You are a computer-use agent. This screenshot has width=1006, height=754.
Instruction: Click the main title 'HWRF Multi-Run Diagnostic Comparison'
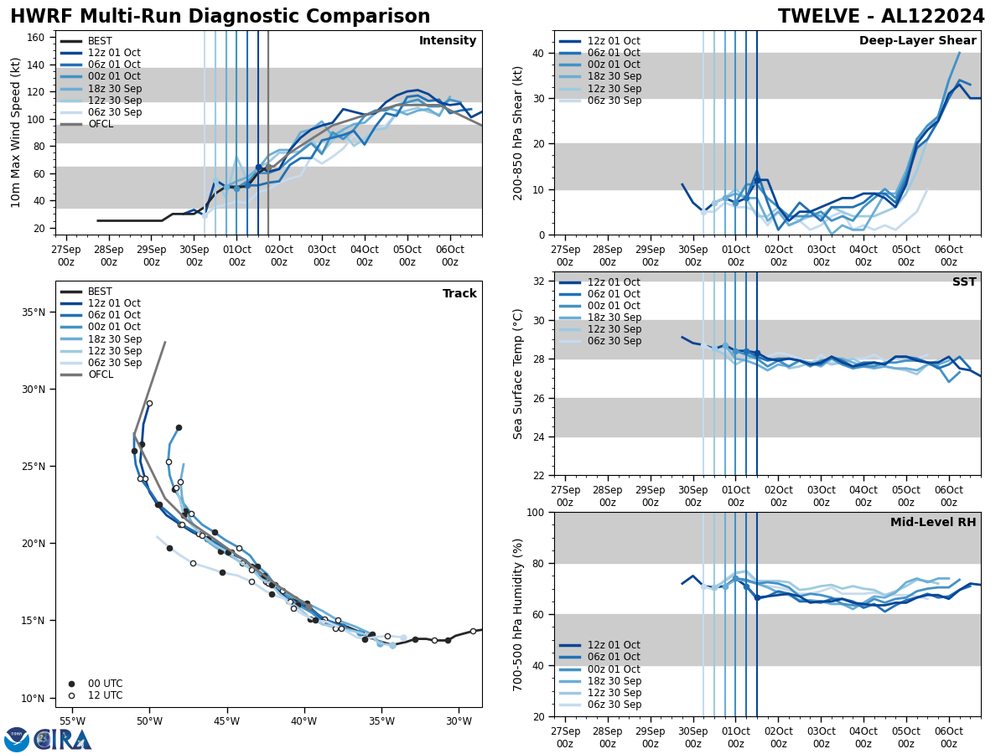(220, 17)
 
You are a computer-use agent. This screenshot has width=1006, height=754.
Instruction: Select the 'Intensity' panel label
(447, 41)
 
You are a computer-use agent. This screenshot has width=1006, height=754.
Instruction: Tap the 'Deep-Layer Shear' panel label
(917, 41)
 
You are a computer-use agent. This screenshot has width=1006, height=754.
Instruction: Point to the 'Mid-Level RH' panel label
(933, 523)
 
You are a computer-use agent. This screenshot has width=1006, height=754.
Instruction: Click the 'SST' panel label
(964, 282)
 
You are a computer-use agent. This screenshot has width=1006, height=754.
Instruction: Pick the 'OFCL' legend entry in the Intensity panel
(101, 124)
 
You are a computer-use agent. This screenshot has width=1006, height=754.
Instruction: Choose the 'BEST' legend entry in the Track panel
(100, 292)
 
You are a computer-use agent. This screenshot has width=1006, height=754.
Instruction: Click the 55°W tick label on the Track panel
(71, 721)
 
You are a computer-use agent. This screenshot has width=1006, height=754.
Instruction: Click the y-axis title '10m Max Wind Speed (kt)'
(16, 132)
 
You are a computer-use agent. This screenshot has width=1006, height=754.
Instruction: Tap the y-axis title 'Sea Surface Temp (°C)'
(518, 374)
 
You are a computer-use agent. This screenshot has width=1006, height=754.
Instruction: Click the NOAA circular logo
(16, 740)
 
